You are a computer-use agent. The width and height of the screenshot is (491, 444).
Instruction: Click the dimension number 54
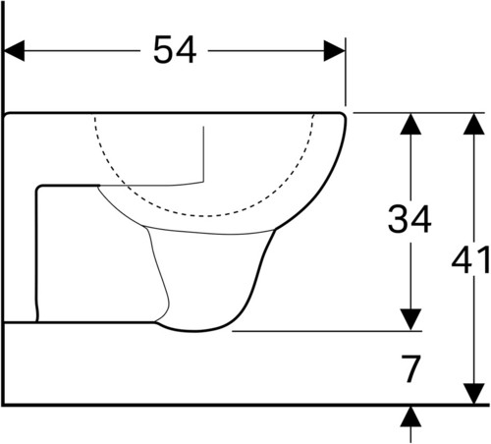pyautogui.click(x=175, y=50)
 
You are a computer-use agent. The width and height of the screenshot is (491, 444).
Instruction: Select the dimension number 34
pyautogui.click(x=409, y=219)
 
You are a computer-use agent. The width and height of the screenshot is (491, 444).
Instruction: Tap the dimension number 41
pyautogui.click(x=470, y=260)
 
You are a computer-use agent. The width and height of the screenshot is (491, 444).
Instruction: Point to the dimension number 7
pyautogui.click(x=410, y=369)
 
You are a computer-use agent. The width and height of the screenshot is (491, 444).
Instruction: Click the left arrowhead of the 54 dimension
pyautogui.click(x=14, y=51)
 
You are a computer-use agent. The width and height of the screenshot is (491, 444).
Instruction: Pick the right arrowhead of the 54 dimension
pyautogui.click(x=334, y=51)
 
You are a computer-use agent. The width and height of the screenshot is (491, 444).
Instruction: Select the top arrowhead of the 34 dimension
pyautogui.click(x=410, y=124)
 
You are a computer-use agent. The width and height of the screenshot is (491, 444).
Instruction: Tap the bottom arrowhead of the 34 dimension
pyautogui.click(x=410, y=319)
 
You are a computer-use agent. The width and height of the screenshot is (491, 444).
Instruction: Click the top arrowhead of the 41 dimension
pyautogui.click(x=473, y=124)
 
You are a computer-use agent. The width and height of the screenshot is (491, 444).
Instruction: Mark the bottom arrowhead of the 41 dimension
pyautogui.click(x=473, y=393)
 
